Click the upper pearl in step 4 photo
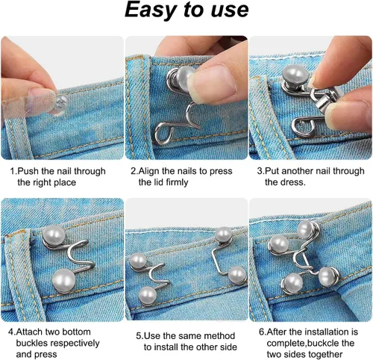pos(54,236)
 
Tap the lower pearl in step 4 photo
pos(63,281)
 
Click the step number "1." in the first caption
pos(13,171)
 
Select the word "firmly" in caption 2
pos(177,182)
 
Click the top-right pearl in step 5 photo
pos(223,234)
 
